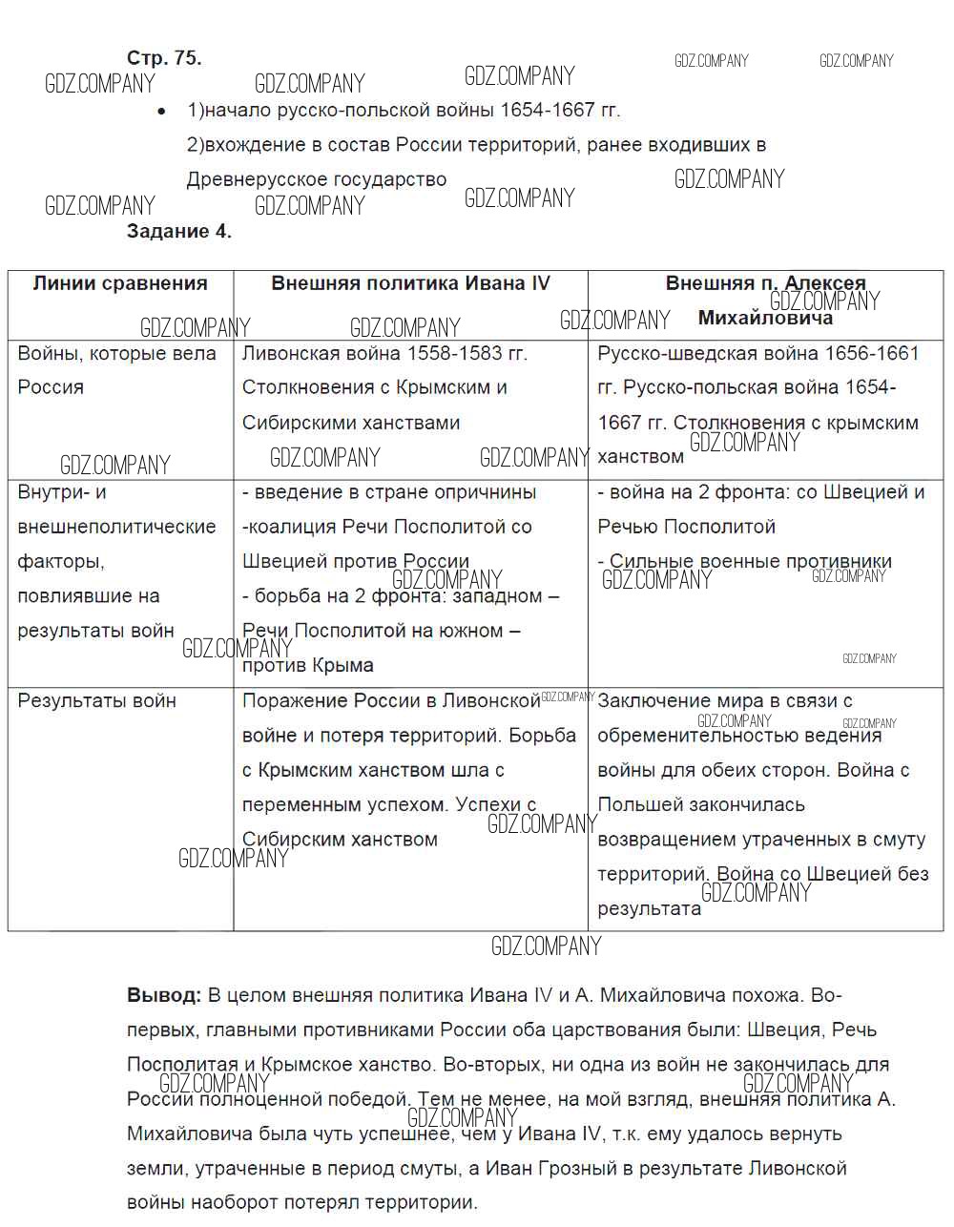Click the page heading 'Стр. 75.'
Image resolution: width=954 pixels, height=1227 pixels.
164,58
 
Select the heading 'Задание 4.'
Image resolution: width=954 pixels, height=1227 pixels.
179,231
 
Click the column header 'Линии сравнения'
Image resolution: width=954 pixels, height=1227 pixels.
120,283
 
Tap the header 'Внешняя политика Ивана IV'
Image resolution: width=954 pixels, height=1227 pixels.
410,283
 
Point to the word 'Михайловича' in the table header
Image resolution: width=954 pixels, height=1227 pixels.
765,318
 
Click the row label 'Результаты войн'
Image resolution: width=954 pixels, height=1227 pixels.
97,701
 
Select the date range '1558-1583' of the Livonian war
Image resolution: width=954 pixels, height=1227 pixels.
453,354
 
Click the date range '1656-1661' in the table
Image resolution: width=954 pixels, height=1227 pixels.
868,354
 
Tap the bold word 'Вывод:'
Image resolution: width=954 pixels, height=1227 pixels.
164,996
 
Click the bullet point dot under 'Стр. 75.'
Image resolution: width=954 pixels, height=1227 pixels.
163,112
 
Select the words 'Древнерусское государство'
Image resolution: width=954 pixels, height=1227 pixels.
317,179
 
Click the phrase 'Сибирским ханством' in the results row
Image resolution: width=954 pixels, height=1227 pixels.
340,840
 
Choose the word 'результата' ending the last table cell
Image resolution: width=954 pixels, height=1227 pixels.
649,909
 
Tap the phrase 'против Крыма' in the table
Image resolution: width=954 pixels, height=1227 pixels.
308,666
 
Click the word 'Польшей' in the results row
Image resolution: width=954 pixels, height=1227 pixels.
636,805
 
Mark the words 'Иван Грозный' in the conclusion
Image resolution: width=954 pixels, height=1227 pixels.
543,1169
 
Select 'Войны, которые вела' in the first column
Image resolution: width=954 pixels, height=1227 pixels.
117,354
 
